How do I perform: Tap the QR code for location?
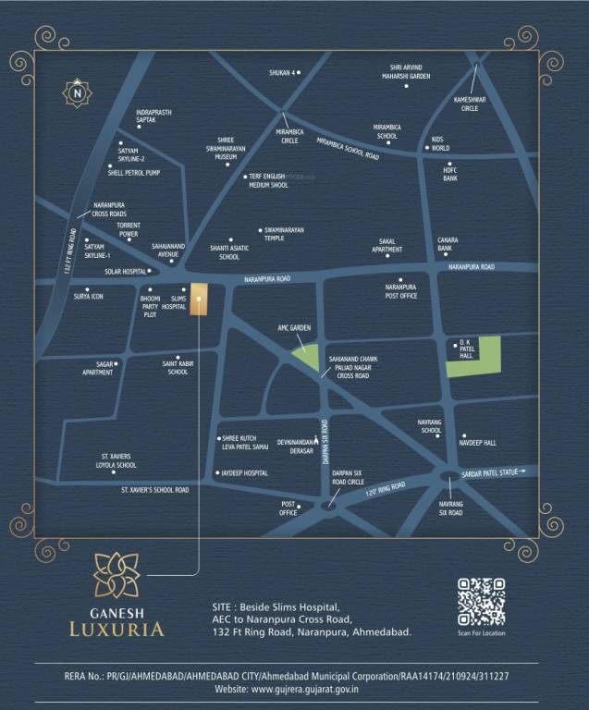(x=481, y=602)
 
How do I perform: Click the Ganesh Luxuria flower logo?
(x=117, y=575)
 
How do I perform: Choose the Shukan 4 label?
(x=281, y=72)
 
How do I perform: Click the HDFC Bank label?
(x=450, y=174)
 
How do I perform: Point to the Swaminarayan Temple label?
(x=284, y=234)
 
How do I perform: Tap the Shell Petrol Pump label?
(x=134, y=172)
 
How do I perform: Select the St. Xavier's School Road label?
(x=154, y=490)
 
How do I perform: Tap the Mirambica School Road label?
(x=348, y=149)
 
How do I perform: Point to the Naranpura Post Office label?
(x=400, y=291)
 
